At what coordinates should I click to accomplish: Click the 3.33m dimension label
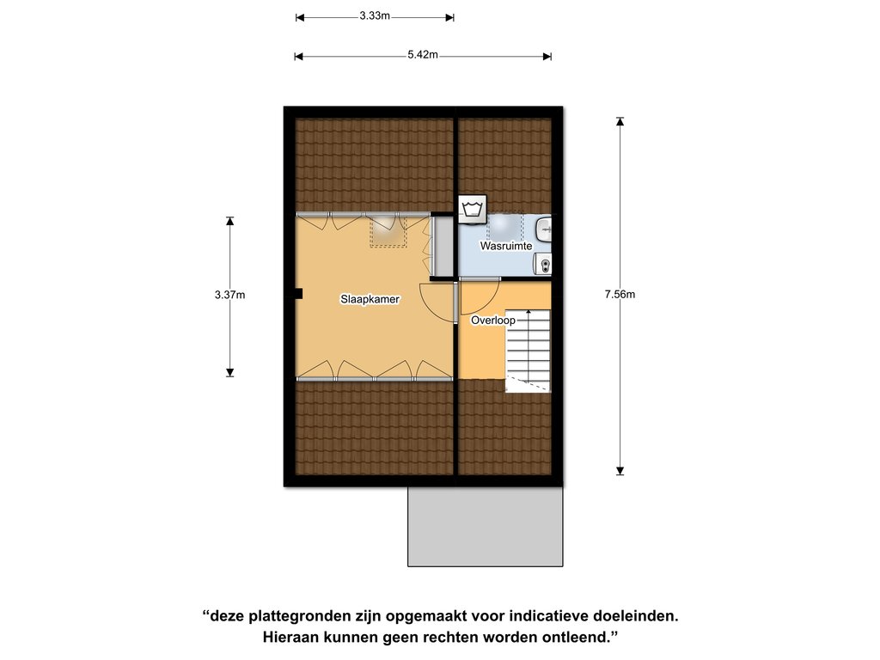(x=375, y=15)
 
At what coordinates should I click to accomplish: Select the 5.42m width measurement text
(x=423, y=54)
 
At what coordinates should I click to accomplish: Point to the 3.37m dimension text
(x=229, y=295)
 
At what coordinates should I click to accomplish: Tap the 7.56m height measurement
(x=620, y=294)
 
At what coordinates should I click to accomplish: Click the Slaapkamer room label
(x=370, y=299)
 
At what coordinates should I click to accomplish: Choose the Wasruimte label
(x=505, y=246)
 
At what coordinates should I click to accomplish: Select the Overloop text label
(x=492, y=321)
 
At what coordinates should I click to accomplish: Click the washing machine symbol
(x=473, y=210)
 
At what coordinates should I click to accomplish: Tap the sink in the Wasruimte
(x=544, y=229)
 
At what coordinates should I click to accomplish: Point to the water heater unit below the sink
(x=544, y=263)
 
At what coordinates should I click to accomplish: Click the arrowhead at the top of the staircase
(x=529, y=311)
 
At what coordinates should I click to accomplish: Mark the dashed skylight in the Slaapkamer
(x=388, y=230)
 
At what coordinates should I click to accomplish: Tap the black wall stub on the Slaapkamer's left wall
(x=298, y=294)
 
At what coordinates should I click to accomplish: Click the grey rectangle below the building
(x=486, y=527)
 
